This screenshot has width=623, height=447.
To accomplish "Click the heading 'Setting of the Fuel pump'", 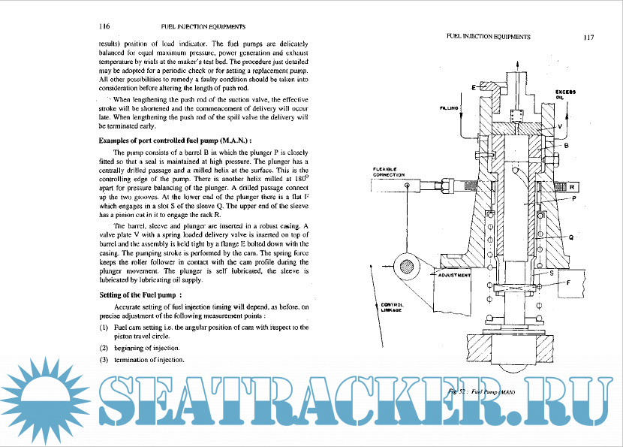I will click(141, 294).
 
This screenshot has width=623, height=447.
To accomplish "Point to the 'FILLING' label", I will click(448, 108).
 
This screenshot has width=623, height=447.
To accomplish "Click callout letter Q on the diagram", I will click(572, 237).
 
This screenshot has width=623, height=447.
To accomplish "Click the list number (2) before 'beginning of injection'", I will click(104, 348).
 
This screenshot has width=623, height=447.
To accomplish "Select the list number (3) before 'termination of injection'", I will click(104, 360).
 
